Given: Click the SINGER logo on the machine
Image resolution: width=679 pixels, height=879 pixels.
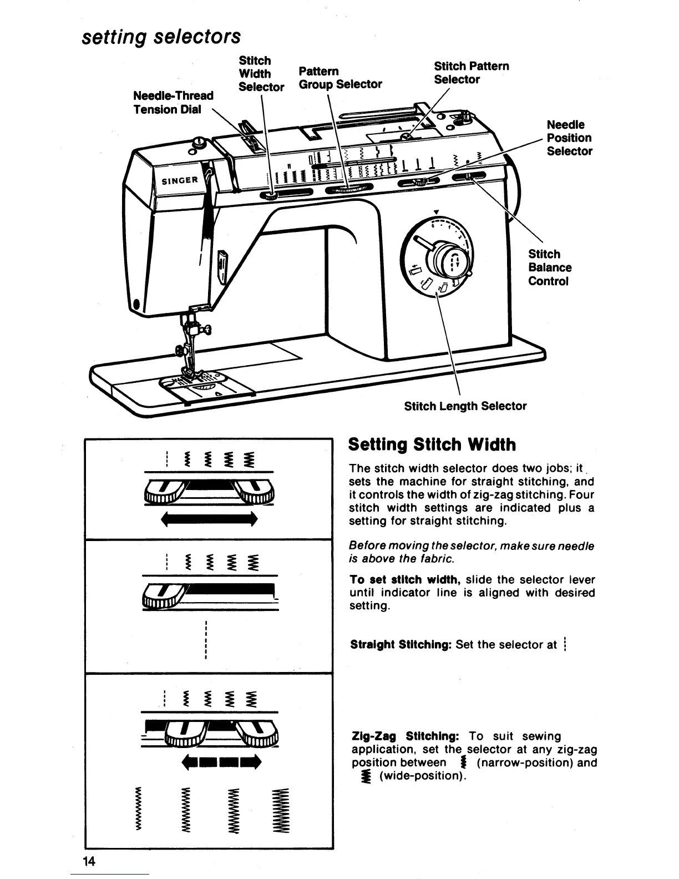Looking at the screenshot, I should click(x=180, y=180).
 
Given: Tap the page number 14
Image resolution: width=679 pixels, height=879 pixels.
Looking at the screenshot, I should click(x=89, y=861).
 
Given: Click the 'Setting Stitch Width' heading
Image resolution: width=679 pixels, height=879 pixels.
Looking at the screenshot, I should click(x=432, y=444).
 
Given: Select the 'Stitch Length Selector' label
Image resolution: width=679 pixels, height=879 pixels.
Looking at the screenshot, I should click(x=465, y=406).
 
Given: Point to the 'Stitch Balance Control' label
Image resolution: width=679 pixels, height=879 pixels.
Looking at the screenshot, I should click(x=549, y=267).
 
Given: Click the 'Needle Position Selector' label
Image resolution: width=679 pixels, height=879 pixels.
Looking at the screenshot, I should click(x=569, y=138).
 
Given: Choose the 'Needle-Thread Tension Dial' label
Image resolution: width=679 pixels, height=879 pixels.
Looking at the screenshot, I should click(x=173, y=103).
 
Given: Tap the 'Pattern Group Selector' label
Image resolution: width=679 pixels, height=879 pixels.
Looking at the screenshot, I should click(x=340, y=78).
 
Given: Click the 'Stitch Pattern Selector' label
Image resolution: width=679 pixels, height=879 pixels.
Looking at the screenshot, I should click(x=471, y=73).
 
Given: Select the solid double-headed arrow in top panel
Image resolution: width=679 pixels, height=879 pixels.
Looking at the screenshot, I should click(x=209, y=519).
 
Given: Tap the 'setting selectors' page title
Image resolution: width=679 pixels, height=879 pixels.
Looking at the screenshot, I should click(x=161, y=37).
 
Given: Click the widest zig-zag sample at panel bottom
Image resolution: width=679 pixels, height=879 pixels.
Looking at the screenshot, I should click(x=280, y=810).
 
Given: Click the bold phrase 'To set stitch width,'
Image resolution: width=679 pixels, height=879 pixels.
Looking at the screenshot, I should click(x=406, y=580).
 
